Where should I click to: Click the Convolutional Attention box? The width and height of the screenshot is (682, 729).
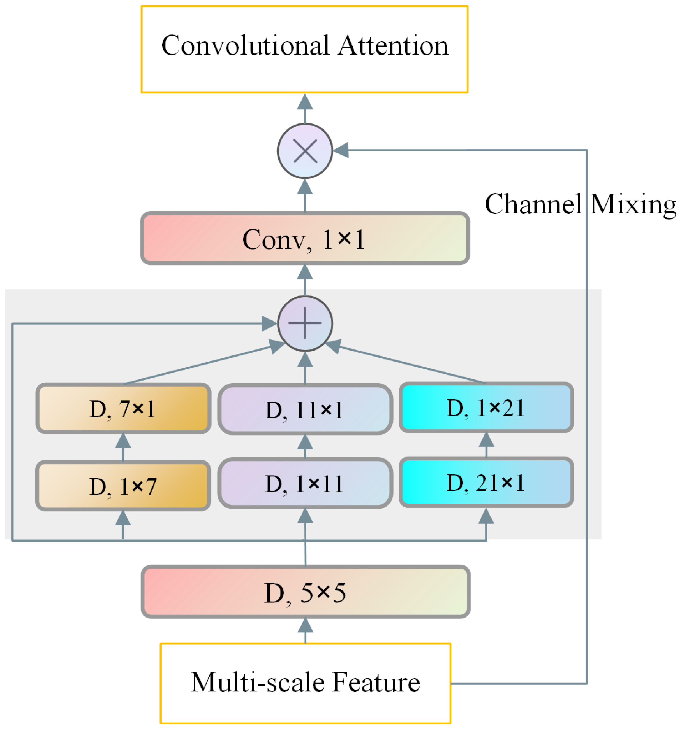(x=304, y=49)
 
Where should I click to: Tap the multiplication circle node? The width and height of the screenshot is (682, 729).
(x=305, y=151)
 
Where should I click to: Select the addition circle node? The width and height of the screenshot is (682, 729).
(x=305, y=323)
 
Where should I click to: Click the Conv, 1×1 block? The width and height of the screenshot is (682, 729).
(x=305, y=238)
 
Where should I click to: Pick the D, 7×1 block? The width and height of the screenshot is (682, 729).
(x=123, y=409)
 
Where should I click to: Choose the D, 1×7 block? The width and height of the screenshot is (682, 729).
(x=123, y=486)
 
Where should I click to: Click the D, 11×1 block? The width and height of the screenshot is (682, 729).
(x=305, y=409)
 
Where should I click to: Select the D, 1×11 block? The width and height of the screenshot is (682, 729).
(x=305, y=483)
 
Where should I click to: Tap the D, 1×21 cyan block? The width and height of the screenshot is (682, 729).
(x=486, y=407)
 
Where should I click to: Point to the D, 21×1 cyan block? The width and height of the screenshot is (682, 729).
(x=486, y=482)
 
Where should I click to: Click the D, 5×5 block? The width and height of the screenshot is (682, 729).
(x=306, y=592)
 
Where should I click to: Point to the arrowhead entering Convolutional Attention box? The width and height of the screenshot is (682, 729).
(x=305, y=102)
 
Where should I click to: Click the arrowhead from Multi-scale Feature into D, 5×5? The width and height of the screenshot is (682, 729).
(x=306, y=626)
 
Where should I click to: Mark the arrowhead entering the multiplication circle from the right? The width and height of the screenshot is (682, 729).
(x=341, y=150)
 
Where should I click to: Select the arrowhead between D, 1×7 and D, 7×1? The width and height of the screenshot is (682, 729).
(x=123, y=441)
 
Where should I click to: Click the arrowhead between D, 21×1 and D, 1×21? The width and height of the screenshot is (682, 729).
(x=486, y=440)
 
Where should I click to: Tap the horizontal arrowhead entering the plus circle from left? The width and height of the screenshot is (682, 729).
(x=269, y=323)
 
